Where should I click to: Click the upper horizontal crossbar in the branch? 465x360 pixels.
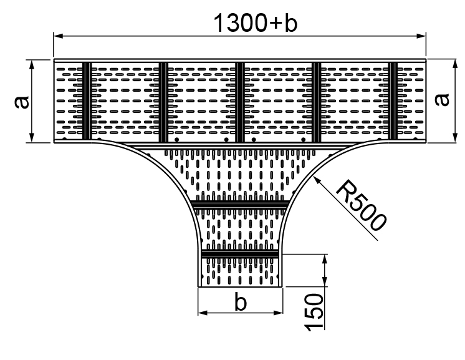pyautogui.click(x=240, y=205)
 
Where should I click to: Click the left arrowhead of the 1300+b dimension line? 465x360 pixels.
pyautogui.click(x=57, y=37)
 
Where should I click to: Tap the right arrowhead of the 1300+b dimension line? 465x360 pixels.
pyautogui.click(x=422, y=37)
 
